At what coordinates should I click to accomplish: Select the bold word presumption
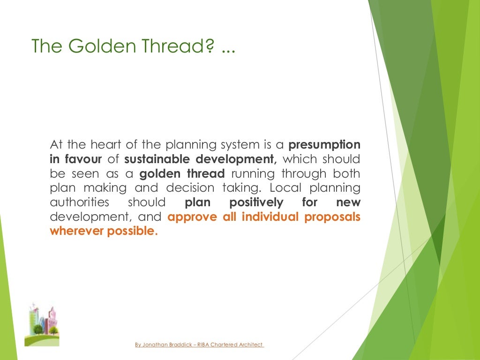coord(324,144)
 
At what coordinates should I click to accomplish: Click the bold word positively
coord(256,202)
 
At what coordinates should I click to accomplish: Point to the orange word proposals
coord(332,217)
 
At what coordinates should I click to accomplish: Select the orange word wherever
coord(77,232)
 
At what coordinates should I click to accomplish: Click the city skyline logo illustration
coord(42,323)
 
